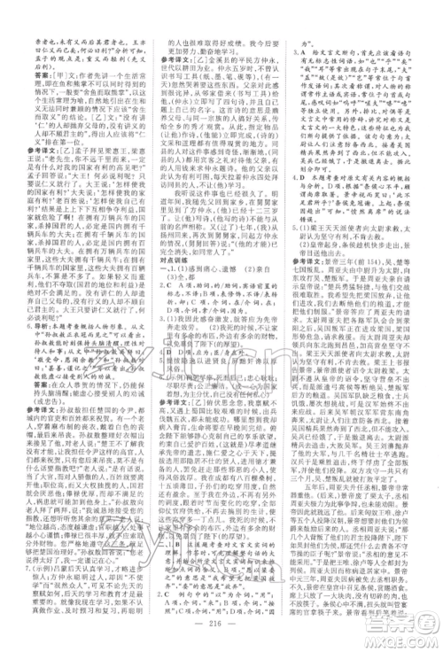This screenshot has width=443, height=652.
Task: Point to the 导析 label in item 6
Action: [x=31, y=326]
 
